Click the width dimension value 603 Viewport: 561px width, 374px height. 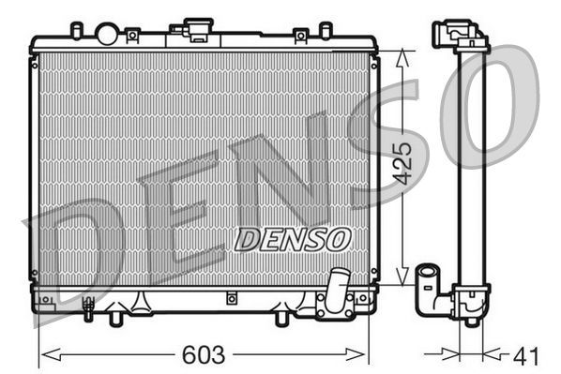pos(203,355)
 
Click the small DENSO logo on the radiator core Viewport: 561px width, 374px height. pos(292,239)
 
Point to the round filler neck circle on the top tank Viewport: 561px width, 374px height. pos(107,35)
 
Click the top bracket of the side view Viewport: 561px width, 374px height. pos(459,36)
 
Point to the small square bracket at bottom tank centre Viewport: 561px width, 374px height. pos(231,299)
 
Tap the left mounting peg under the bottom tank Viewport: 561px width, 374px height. pos(116,318)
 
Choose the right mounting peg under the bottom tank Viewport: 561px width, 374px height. pos(280,318)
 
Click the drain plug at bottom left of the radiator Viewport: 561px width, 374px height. pos(88,305)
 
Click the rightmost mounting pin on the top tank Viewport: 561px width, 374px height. pos(325,30)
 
